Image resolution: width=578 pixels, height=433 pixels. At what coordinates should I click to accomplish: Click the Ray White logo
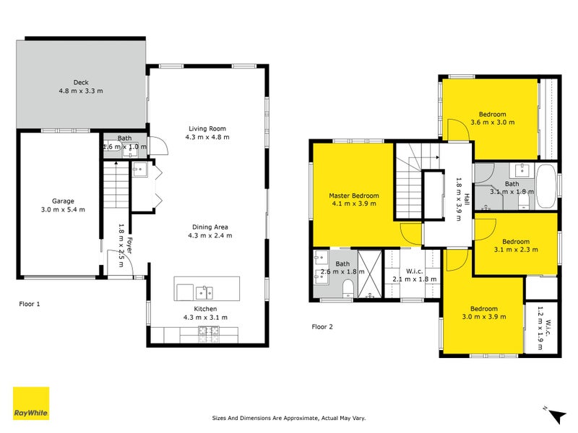(x=31, y=403)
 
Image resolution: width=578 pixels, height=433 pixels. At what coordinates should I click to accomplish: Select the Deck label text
(x=81, y=82)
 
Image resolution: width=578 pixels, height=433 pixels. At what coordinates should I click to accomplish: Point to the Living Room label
(x=207, y=128)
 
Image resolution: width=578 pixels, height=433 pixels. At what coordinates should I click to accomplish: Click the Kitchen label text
(x=207, y=308)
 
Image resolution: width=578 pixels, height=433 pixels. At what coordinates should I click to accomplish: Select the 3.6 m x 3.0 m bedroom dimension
(x=492, y=123)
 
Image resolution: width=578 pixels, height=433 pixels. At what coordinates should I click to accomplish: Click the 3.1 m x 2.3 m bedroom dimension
(x=516, y=250)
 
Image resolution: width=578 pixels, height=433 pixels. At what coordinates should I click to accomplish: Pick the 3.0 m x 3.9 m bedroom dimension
(x=484, y=316)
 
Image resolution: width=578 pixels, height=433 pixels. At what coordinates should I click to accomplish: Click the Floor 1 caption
(x=30, y=304)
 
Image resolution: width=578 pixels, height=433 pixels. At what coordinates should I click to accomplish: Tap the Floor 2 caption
(x=322, y=326)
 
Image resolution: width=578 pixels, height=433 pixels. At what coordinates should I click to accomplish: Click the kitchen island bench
(x=207, y=289)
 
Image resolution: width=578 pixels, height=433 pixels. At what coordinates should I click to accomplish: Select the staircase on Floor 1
(x=115, y=185)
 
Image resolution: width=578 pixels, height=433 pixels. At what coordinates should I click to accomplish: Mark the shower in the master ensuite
(x=369, y=275)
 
